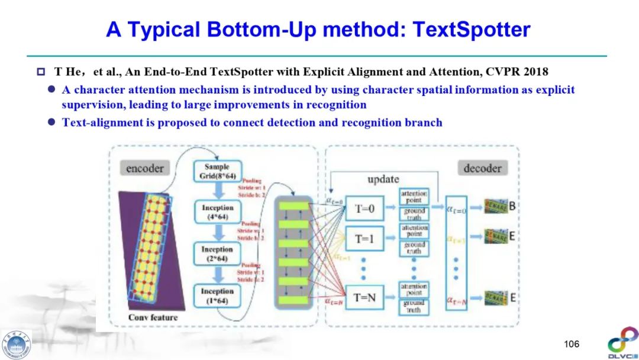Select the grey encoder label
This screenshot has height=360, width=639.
point(144,168)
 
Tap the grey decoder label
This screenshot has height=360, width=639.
point(482,168)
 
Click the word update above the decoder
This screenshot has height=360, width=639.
point(383,179)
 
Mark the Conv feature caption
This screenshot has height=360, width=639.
point(153,317)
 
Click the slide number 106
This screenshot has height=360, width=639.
point(572,344)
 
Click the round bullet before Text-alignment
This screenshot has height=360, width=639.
point(51,123)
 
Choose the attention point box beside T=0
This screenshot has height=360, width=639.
point(414,197)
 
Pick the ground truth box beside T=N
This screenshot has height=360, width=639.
point(414,306)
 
